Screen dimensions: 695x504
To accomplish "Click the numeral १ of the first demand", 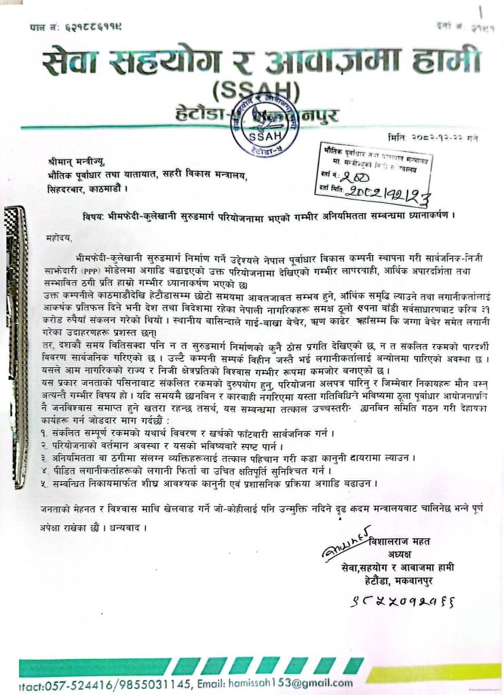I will point(44,433).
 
